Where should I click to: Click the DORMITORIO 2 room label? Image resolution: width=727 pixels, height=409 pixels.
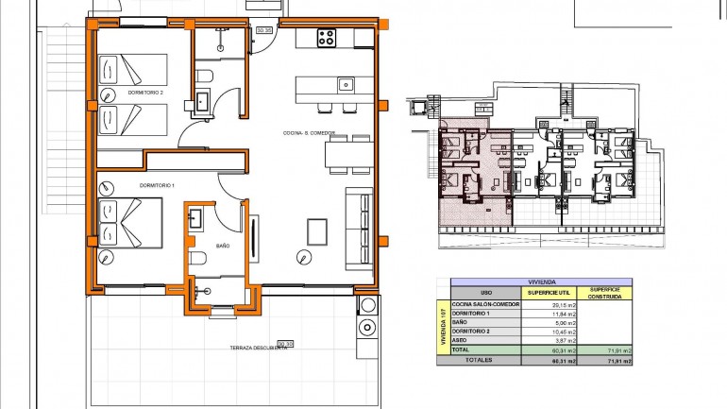[x=146, y=93]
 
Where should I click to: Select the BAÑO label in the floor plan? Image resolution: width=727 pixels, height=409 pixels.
[x=223, y=246]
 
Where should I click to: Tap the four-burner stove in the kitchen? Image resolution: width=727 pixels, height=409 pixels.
[x=327, y=38]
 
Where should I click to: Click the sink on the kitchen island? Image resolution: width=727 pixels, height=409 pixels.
[x=346, y=85]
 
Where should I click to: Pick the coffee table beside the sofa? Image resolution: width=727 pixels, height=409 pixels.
[x=318, y=230]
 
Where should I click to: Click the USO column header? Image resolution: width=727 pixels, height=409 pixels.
[x=486, y=292]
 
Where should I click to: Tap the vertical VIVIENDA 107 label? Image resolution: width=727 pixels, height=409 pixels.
[x=443, y=326]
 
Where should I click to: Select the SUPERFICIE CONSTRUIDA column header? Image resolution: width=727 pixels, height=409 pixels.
[x=604, y=292]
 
